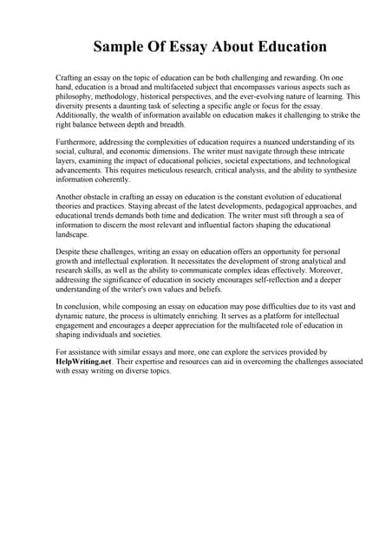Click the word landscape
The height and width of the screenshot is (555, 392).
click(74, 234)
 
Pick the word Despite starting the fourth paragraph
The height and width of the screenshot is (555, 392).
click(69, 251)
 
